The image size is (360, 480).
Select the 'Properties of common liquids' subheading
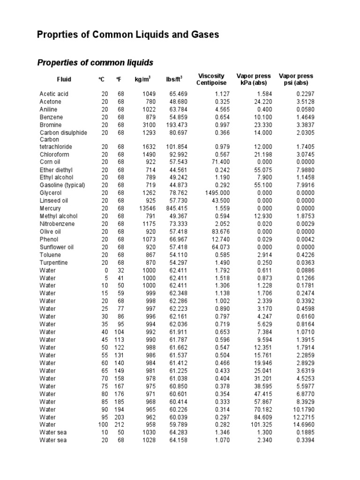click(95, 62)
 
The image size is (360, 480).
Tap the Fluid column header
click(64, 80)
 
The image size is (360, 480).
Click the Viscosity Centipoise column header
click(211, 79)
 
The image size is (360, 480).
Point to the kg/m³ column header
click(142, 79)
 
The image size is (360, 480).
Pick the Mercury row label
click(50, 209)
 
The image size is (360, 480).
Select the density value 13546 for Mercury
click(140, 209)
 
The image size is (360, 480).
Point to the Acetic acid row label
click(53, 94)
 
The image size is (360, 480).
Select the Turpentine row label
click(53, 262)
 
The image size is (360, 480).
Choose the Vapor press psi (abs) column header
click(296, 79)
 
